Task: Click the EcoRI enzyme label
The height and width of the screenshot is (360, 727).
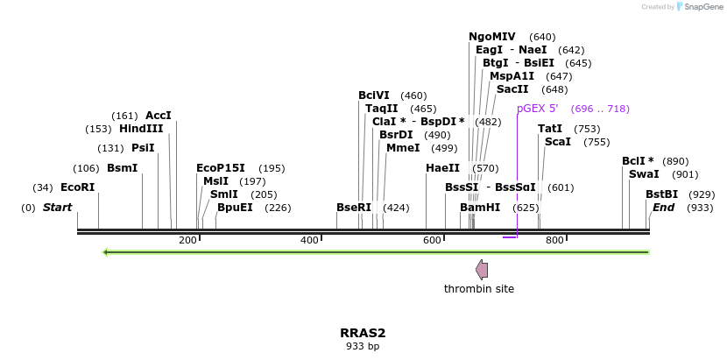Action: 77,187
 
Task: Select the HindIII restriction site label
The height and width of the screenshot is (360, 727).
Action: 141,129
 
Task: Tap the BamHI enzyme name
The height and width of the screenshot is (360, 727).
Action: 480,208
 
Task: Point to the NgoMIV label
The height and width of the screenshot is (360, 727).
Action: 492,37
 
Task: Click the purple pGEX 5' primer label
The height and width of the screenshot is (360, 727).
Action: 537,109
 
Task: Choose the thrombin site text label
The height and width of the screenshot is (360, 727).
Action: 479,289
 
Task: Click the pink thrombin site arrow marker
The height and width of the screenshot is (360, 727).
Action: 481,269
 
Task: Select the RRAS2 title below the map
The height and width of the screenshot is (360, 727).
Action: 363,333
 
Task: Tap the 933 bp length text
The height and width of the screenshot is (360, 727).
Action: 363,347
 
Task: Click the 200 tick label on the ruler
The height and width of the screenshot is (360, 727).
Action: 187,241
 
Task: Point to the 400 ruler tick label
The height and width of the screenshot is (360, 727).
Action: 309,241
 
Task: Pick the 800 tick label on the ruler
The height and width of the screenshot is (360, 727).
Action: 554,241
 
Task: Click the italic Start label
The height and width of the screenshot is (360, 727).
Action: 57,208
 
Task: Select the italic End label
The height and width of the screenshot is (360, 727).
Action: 663,208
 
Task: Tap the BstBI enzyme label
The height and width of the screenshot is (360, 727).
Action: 661,194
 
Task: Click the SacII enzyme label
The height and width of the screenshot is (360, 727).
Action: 512,89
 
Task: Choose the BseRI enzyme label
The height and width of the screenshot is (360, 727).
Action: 354,208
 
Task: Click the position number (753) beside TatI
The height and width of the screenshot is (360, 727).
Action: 587,129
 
